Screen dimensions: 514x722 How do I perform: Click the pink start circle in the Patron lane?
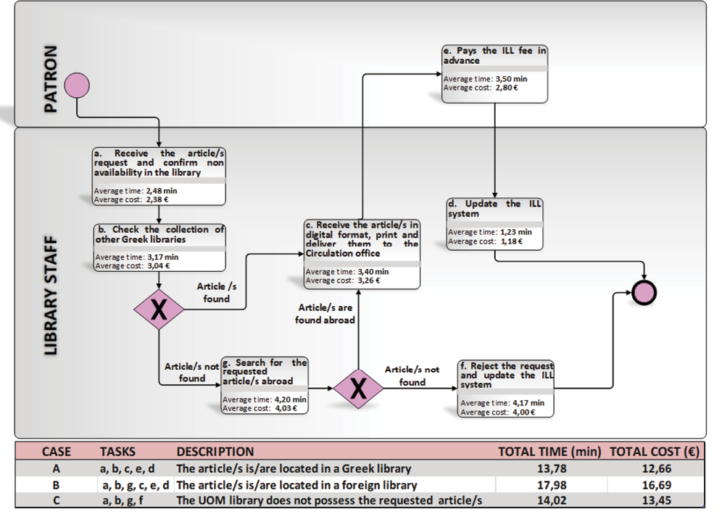[77, 86]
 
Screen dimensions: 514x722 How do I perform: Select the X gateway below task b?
[159, 310]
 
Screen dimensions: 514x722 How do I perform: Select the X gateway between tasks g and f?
[357, 389]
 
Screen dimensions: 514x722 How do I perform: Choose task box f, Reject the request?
[506, 388]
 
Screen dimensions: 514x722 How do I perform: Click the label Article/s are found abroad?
[325, 313]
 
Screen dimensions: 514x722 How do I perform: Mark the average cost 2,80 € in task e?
[505, 88]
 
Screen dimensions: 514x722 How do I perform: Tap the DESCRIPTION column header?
[215, 451]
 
